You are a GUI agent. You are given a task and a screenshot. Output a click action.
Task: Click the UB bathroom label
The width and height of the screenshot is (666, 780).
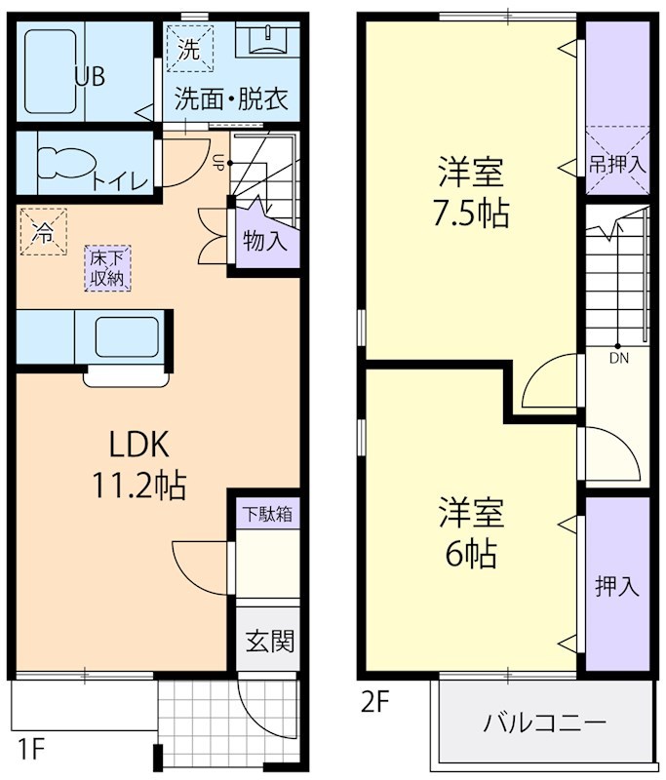point(90,77)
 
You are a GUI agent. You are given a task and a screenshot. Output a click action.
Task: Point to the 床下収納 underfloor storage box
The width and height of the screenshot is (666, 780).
point(107,267)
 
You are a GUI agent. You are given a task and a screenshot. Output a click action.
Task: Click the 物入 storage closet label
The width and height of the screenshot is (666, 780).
point(264,241)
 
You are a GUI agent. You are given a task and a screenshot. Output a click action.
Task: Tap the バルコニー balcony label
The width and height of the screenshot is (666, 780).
point(544,722)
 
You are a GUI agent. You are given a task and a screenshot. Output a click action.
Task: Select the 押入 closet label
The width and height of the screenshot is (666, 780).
point(617,586)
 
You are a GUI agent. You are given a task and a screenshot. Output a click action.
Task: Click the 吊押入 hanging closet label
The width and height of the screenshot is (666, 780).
point(617,163)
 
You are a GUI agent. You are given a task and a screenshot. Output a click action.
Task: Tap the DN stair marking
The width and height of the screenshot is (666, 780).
point(618,358)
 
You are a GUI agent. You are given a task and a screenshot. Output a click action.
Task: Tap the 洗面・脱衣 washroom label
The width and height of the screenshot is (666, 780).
point(231,100)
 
